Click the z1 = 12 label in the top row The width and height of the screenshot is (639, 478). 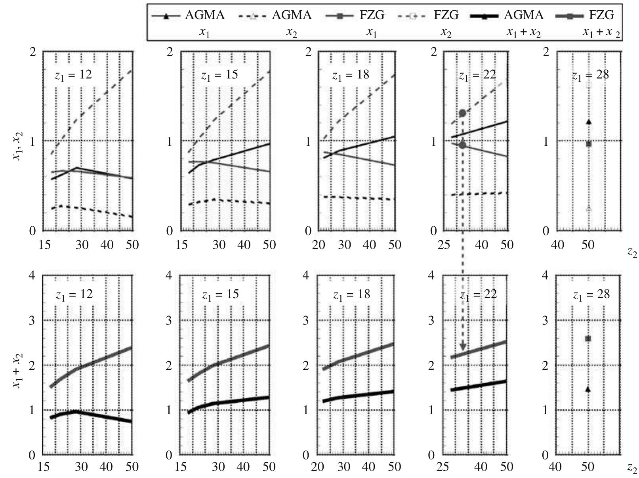tap(73, 75)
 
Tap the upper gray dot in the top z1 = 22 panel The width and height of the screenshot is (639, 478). tap(462, 113)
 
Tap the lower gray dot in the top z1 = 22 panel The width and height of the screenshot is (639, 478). tap(462, 145)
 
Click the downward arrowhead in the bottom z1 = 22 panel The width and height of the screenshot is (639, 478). tap(463, 348)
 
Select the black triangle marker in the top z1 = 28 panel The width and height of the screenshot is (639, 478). tap(589, 122)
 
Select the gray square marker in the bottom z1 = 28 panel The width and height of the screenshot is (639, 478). tap(588, 338)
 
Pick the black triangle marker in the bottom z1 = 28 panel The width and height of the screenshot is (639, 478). tap(588, 390)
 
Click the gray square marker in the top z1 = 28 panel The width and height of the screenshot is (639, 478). tap(589, 144)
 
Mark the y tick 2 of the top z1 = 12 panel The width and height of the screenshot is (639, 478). tap(33, 52)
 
